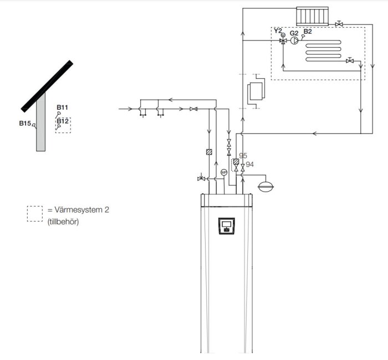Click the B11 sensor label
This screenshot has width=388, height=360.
pyautogui.click(x=62, y=107)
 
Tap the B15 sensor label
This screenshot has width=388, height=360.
pyautogui.click(x=25, y=123)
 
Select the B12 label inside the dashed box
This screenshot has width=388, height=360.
pyautogui.click(x=62, y=121)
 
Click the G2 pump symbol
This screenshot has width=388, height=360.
pyautogui.click(x=294, y=40)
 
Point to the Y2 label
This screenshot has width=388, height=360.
pyautogui.click(x=278, y=31)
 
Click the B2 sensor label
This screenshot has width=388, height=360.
pyautogui.click(x=308, y=32)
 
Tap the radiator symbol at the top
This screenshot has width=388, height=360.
pyautogui.click(x=313, y=16)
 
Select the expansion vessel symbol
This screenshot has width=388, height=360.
pyautogui.click(x=266, y=186)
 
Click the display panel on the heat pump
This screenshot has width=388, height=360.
pyautogui.click(x=226, y=226)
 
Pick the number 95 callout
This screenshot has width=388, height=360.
pyautogui.click(x=243, y=156)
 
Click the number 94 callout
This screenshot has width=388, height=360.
pyautogui.click(x=249, y=164)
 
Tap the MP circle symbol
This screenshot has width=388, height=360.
pyautogui.click(x=224, y=172)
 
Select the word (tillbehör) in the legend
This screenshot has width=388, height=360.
pyautogui.click(x=63, y=222)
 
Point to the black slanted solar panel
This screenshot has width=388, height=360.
pyautogui.click(x=47, y=86)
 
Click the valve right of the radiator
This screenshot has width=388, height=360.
pyautogui.click(x=339, y=24)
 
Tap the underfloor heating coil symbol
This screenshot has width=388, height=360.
pyautogui.click(x=323, y=51)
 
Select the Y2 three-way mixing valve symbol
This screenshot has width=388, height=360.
pyautogui.click(x=283, y=40)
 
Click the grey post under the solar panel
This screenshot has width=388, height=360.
pyautogui.click(x=41, y=122)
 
